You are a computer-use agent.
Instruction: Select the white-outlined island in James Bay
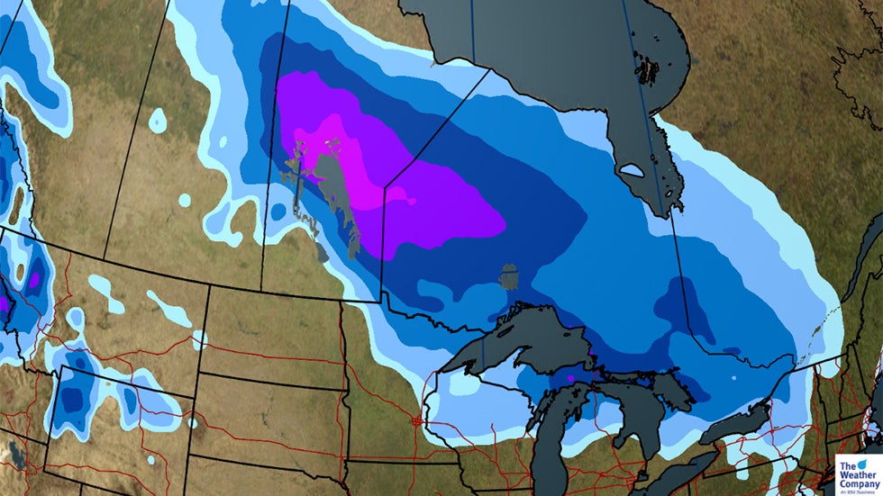631,169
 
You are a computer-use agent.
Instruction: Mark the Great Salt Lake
17,451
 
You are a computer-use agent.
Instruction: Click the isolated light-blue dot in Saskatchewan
158,120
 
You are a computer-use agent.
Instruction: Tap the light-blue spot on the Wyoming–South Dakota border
192,421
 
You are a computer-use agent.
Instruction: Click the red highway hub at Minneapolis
417,419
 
